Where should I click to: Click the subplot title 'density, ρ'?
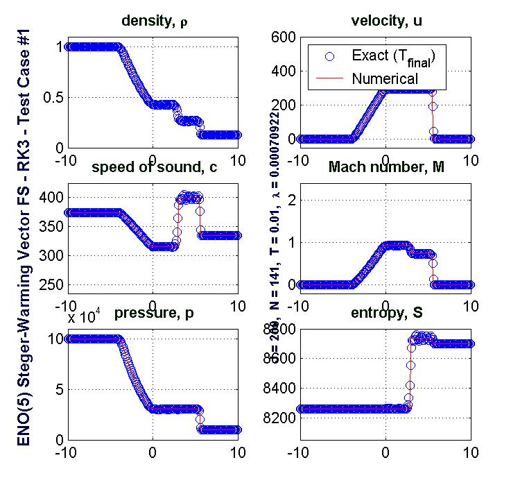point(154,22)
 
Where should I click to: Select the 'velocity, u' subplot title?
point(385,22)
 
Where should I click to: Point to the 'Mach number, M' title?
point(385,167)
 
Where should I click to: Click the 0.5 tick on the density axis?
point(51,96)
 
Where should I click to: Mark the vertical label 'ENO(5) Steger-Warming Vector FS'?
point(23,326)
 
